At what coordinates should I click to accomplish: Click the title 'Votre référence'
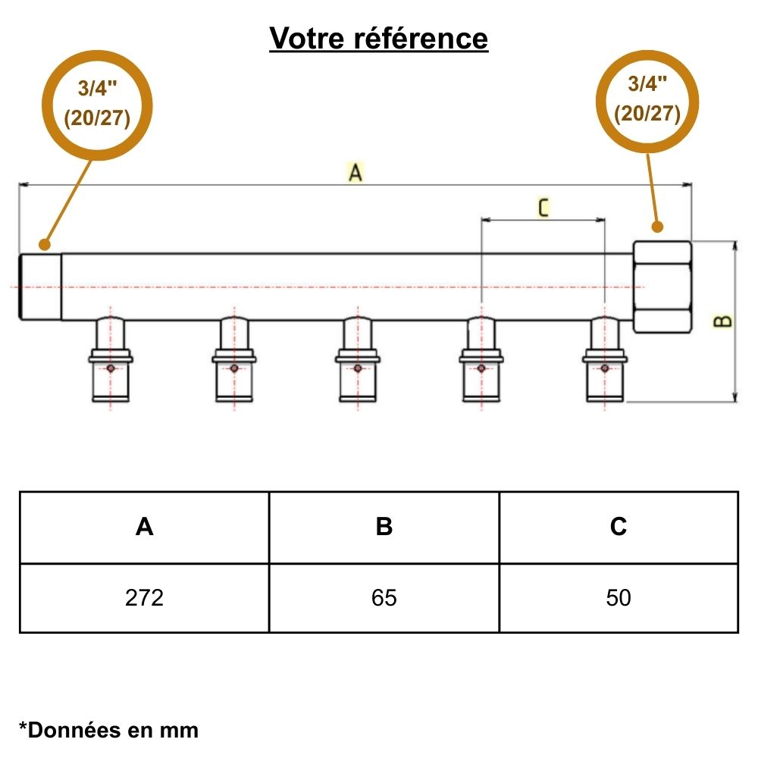[x=379, y=38]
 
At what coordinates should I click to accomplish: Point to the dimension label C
[x=543, y=208]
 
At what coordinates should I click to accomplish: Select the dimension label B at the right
[x=725, y=321]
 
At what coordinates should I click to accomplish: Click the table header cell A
[x=144, y=527]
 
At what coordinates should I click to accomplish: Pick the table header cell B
[x=384, y=527]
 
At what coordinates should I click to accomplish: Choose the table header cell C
[x=619, y=527]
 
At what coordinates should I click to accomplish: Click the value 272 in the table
[x=144, y=598]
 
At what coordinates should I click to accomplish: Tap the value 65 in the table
[x=384, y=598]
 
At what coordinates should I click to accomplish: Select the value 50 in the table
[x=619, y=598]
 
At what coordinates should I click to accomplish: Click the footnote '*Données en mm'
[x=108, y=730]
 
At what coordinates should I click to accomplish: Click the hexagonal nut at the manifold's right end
[x=662, y=287]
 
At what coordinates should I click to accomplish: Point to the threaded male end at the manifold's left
[x=40, y=287]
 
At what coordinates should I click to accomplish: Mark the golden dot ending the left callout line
[x=45, y=244]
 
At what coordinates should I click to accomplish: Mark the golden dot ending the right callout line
[x=657, y=226]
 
